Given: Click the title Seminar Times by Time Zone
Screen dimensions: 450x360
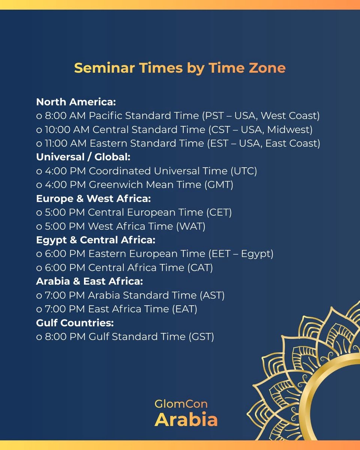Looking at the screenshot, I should tap(180, 68).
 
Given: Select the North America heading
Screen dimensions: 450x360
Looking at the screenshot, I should tap(76, 102).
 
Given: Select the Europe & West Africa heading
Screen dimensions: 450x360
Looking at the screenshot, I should tap(93, 198).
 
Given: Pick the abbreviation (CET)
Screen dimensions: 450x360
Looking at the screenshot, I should tap(219, 212).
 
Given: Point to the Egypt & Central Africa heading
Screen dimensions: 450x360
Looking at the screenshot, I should tap(96, 240).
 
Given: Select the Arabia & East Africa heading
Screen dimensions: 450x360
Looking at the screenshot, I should tap(89, 281).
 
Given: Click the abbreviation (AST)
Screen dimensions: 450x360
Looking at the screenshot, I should tap(212, 295).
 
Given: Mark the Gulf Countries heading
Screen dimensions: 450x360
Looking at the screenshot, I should tap(75, 323).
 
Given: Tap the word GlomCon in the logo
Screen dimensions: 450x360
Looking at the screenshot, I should tap(181, 404).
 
